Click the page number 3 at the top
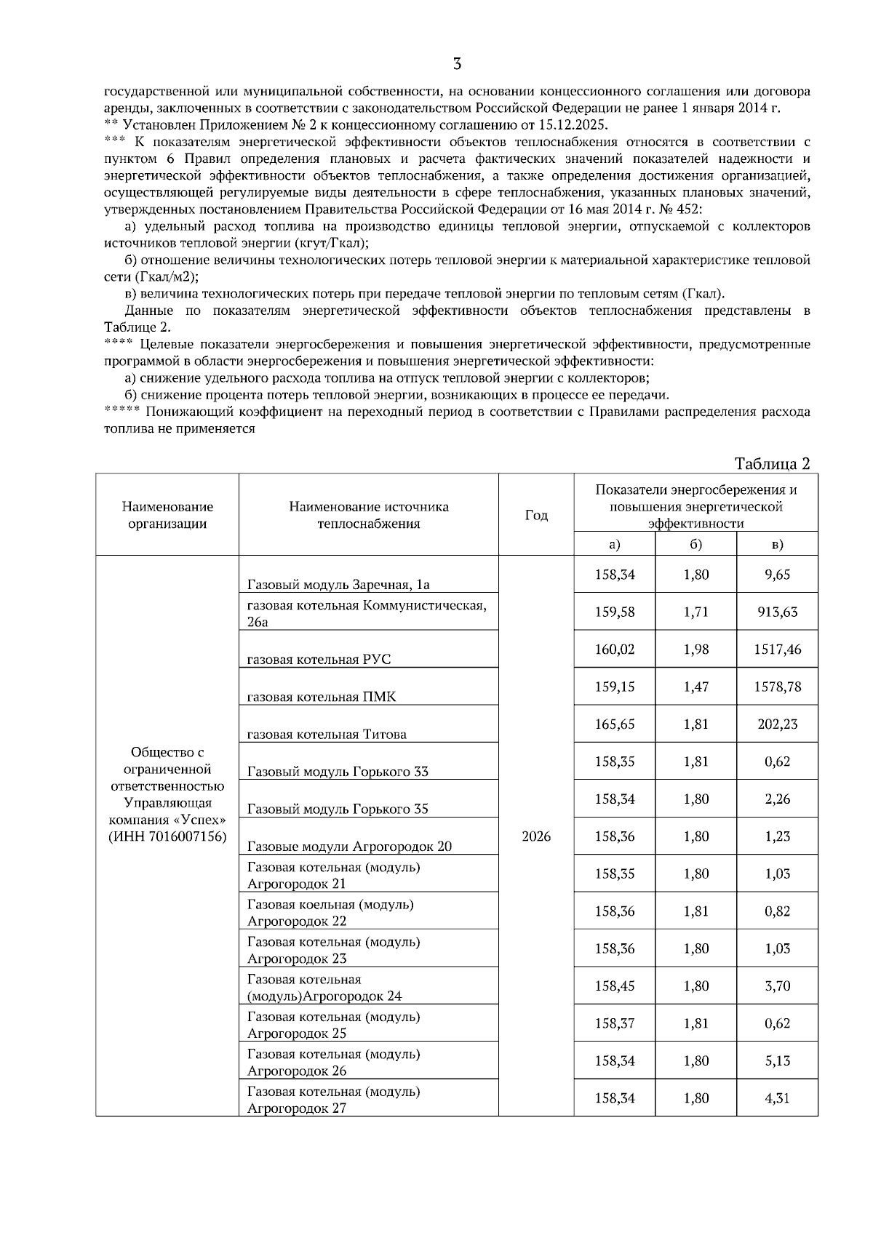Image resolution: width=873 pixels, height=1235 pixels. coord(457,64)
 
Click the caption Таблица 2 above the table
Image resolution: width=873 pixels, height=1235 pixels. coord(772,464)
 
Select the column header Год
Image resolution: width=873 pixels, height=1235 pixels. coord(536,515)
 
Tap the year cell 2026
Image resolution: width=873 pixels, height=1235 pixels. coord(536,836)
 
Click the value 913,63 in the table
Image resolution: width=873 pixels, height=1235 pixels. coord(777,612)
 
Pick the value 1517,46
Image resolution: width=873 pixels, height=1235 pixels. coord(777,650)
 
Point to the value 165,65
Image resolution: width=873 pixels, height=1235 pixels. coord(614,724)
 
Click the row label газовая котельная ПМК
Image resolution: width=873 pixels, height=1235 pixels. coord(322,697)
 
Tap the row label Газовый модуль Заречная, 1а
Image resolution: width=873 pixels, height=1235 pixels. coord(338,585)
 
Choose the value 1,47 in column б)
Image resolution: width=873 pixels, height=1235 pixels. coord(695,687)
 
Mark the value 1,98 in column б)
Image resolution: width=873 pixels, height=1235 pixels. coord(695,650)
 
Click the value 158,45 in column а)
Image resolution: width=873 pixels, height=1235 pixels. coord(614,986)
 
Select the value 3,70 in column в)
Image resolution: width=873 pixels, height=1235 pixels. coord(777,986)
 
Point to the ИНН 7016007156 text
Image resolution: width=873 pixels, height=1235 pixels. coord(167,836)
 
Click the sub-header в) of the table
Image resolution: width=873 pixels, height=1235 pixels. coord(777,544)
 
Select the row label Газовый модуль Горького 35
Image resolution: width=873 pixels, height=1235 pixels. coord(338,809)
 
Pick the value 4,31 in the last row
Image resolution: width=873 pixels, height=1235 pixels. coord(777,1098)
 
